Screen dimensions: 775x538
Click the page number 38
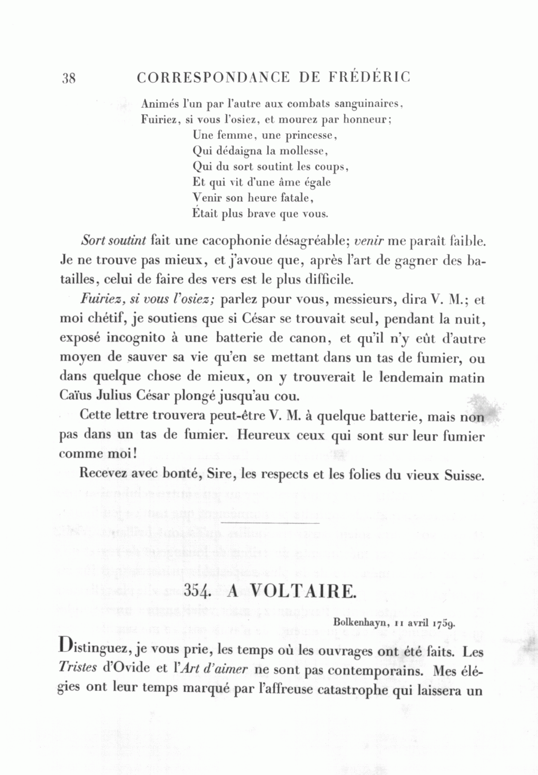pyautogui.click(x=69, y=79)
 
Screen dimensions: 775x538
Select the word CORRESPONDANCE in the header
pyautogui.click(x=214, y=78)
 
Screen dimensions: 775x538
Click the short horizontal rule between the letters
pyautogui.click(x=270, y=523)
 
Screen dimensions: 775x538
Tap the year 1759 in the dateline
pyautogui.click(x=443, y=623)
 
